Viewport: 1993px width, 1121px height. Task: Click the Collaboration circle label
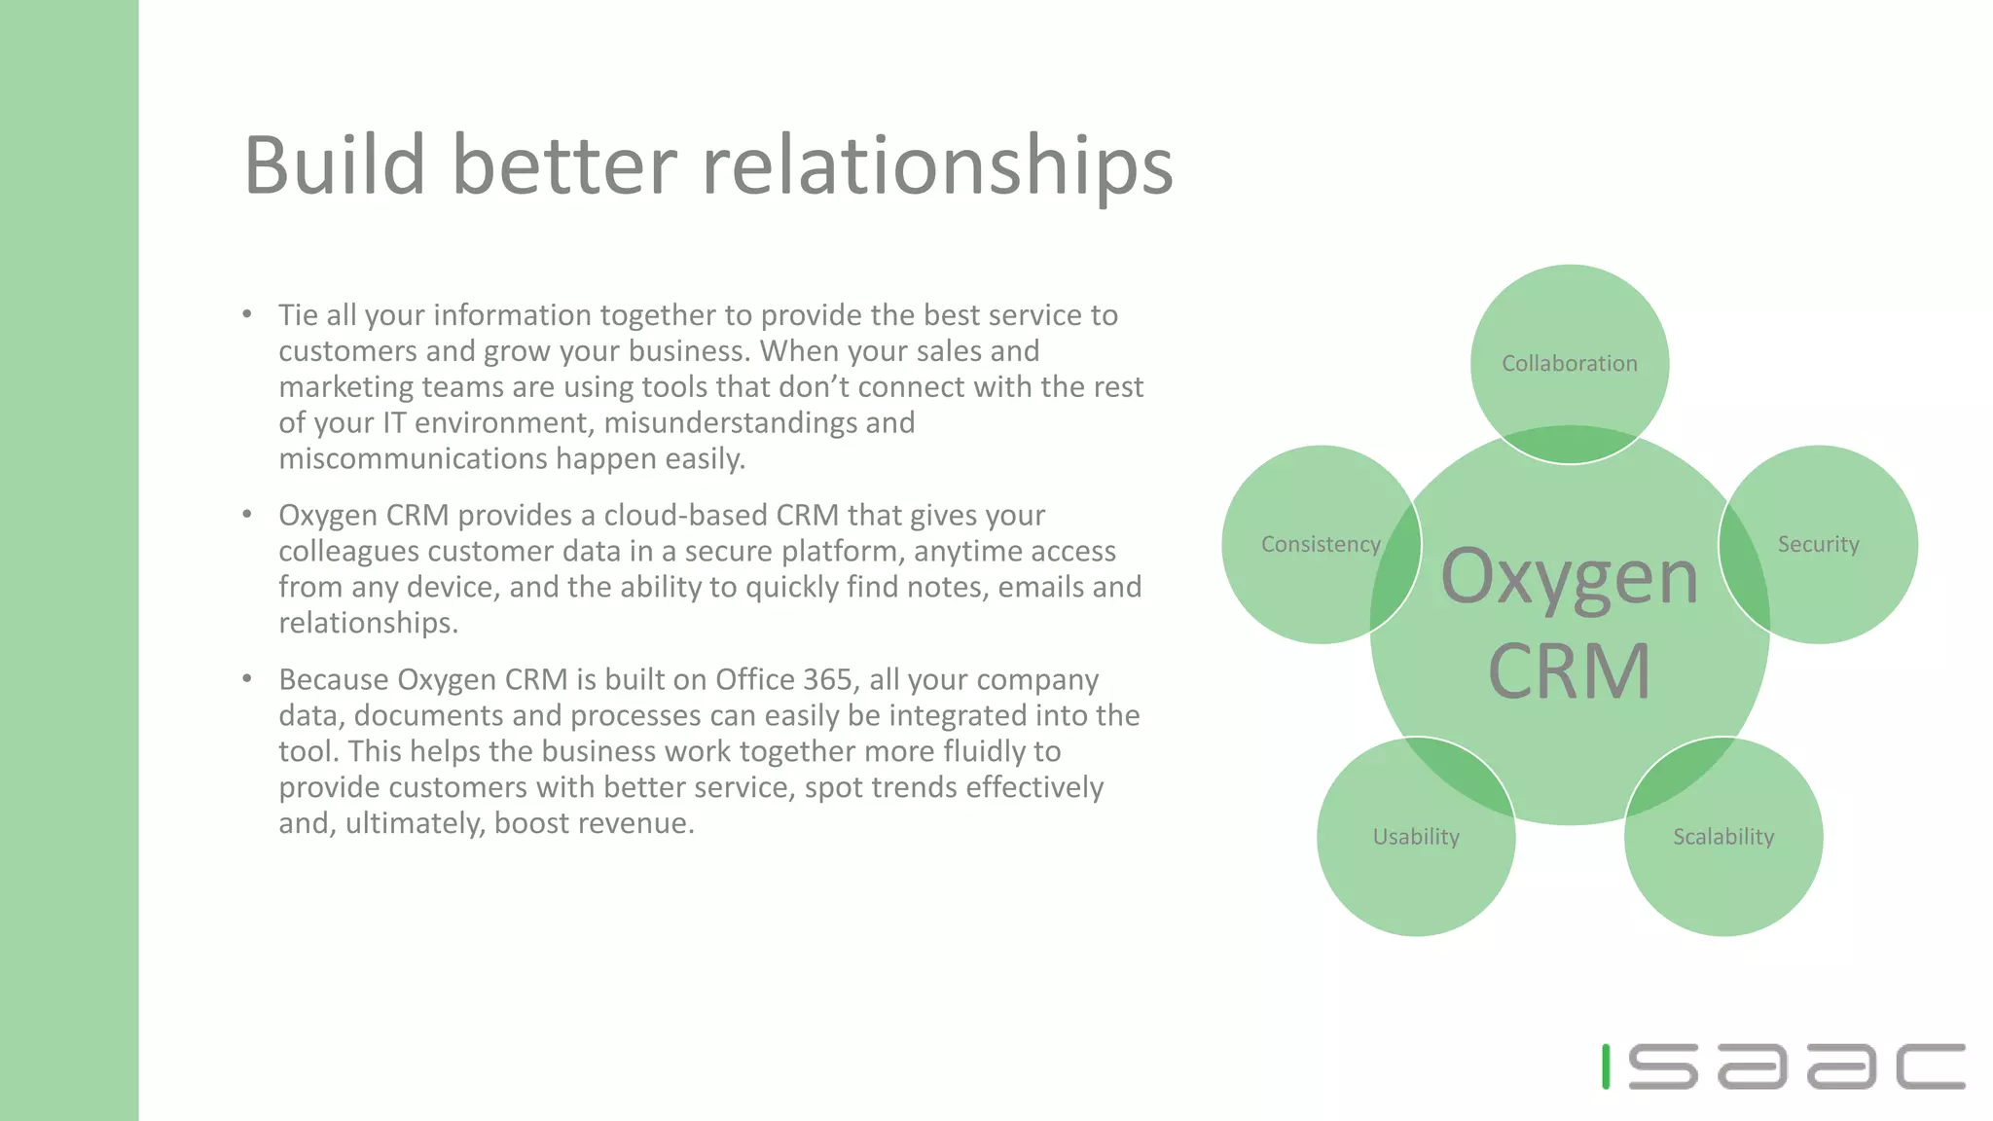(x=1569, y=364)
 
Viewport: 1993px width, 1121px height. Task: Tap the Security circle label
(x=1818, y=545)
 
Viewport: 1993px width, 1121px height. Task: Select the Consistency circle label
(x=1321, y=545)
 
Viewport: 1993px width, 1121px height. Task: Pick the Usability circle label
(x=1416, y=837)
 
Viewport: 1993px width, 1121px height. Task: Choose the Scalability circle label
(x=1723, y=837)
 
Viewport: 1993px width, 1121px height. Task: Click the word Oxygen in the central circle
(x=1569, y=578)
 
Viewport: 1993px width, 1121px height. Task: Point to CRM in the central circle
(x=1569, y=671)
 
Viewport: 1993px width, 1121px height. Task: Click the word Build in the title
(x=334, y=165)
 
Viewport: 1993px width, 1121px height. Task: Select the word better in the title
(x=564, y=165)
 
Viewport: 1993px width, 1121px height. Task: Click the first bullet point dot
(x=247, y=314)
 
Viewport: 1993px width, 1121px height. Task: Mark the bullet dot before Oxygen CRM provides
(x=247, y=514)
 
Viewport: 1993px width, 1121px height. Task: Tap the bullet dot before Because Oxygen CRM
(x=247, y=678)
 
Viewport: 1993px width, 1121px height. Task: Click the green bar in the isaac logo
(x=1606, y=1067)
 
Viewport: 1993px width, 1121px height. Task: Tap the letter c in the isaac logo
(x=1931, y=1067)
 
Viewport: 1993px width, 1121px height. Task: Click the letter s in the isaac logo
(x=1663, y=1067)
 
